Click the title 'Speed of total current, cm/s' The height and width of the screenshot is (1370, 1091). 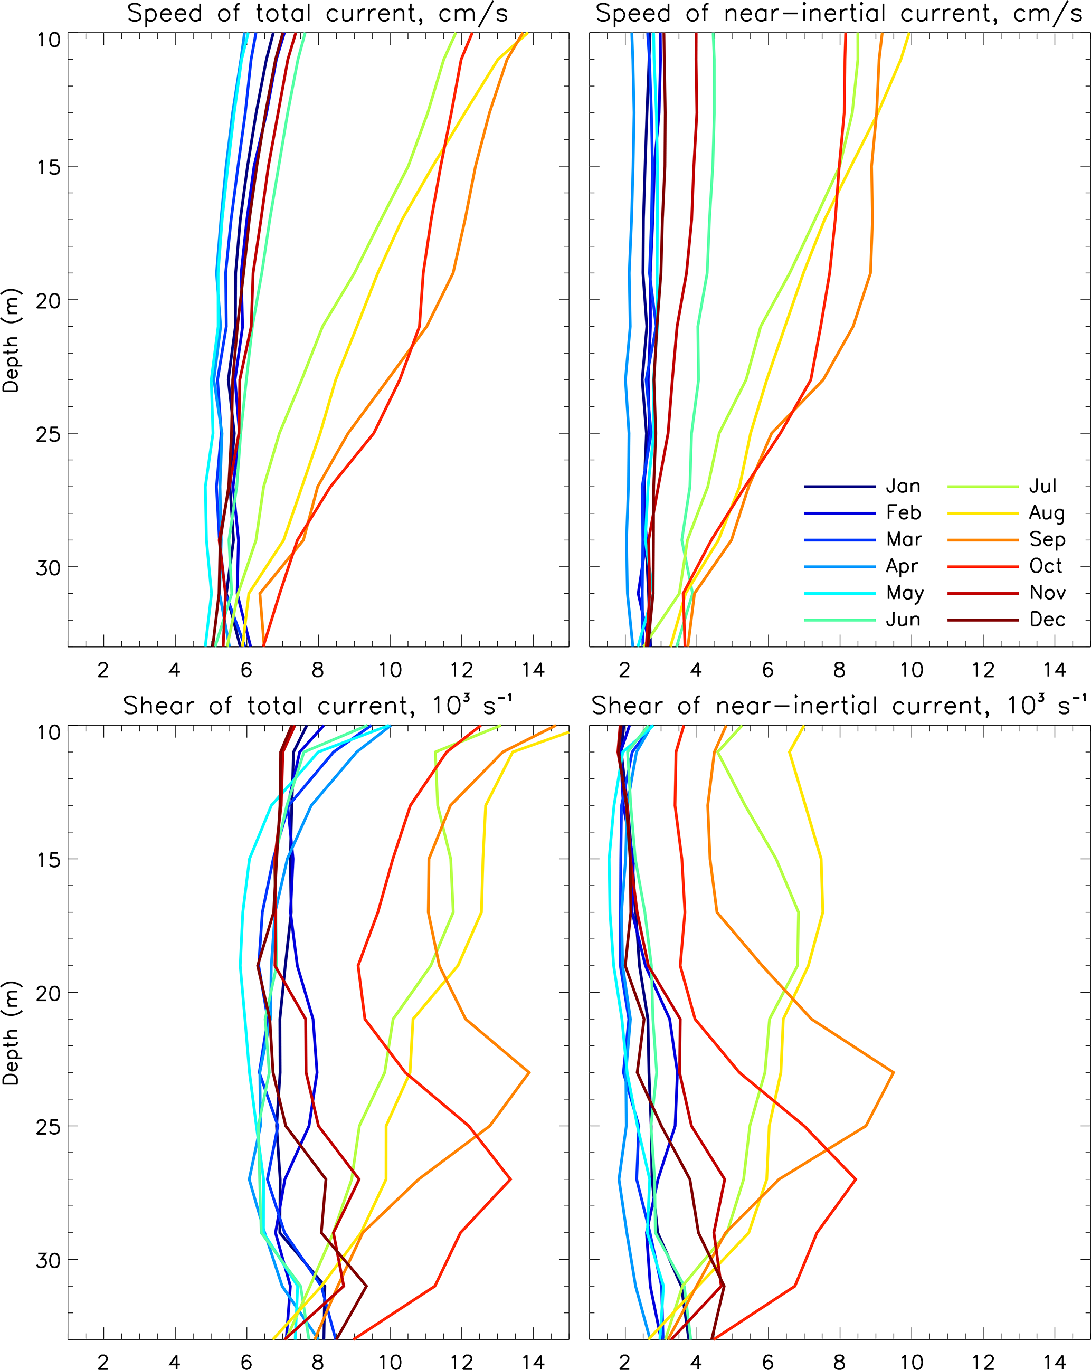(318, 14)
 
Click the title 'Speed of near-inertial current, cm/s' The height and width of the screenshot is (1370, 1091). (839, 14)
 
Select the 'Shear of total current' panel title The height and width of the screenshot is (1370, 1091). (318, 706)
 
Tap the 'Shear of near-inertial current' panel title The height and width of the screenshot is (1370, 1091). (839, 706)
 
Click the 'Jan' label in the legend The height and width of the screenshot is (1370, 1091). (903, 487)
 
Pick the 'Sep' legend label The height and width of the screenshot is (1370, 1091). (1047, 539)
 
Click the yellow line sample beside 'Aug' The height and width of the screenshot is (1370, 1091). (982, 513)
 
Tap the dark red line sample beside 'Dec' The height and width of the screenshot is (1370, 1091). (982, 620)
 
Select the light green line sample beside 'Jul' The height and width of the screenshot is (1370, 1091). (982, 487)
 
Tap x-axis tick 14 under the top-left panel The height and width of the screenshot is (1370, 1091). (533, 670)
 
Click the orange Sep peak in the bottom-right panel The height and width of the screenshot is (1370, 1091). (894, 1072)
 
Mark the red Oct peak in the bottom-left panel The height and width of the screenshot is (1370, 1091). (510, 1179)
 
